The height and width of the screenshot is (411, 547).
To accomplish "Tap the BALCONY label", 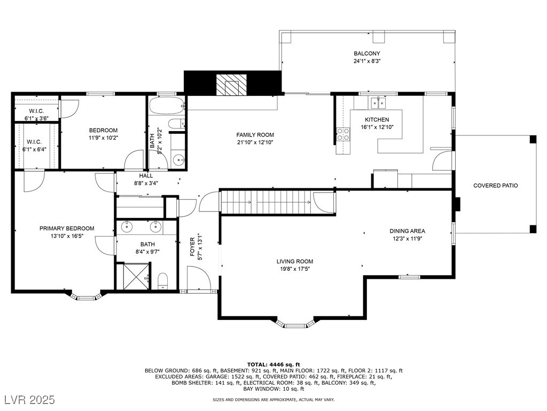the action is tap(366, 54).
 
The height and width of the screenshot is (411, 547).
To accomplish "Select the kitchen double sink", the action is tap(378, 103).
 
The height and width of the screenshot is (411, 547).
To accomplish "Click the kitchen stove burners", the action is tap(343, 134).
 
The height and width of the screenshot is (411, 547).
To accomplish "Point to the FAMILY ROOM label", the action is tap(255, 135).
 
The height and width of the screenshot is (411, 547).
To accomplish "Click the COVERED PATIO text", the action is tap(495, 186).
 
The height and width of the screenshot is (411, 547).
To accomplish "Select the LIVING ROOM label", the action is tap(295, 261).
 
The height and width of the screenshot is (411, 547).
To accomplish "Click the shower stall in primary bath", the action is tap(132, 277).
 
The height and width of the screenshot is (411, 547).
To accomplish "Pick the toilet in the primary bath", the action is tap(162, 280).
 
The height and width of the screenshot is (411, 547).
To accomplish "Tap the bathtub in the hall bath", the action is tap(166, 105).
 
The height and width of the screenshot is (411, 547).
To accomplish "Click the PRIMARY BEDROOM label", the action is tap(67, 229).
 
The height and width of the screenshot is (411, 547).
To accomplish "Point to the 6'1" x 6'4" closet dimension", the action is tap(34, 150).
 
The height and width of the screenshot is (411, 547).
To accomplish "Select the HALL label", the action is tap(146, 176).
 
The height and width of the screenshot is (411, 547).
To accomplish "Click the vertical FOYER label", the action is tap(192, 247).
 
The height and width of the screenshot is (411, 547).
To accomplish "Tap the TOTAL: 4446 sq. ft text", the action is tap(273, 364).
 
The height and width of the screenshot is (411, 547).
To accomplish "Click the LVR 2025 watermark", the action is tap(30, 399).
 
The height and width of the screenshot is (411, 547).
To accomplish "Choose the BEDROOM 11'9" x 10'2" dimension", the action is tap(103, 138).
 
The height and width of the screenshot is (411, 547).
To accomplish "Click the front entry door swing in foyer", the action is tap(199, 278).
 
